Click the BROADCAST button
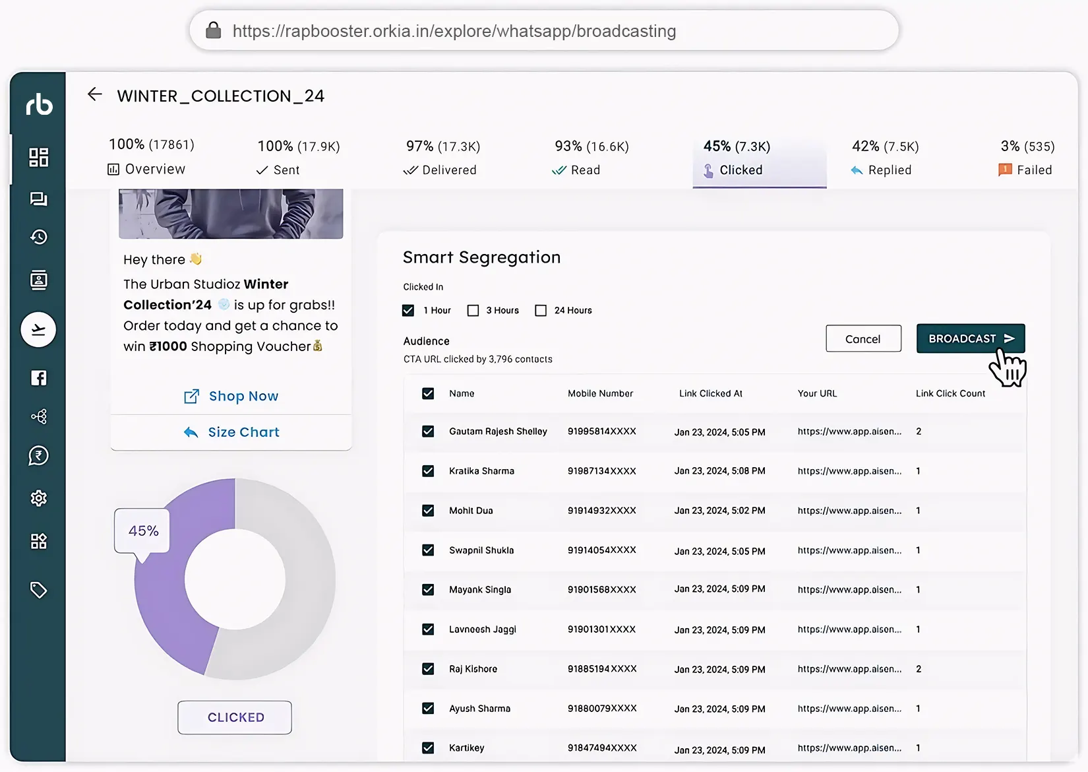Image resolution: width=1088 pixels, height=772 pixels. [x=970, y=338]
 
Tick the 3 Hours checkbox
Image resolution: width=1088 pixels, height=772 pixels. [x=473, y=310]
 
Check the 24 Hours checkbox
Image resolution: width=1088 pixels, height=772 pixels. [x=541, y=310]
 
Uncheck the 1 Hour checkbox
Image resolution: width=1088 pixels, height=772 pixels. [x=408, y=310]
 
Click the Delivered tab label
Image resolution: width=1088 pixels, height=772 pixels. [x=448, y=170]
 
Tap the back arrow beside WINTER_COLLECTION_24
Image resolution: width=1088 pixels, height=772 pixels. [x=95, y=94]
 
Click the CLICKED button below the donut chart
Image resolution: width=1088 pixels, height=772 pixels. [x=235, y=717]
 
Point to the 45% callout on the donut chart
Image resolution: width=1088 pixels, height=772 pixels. [x=142, y=531]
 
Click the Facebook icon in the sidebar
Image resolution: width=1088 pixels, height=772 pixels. [x=39, y=377]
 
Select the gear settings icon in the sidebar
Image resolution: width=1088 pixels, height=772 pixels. [x=39, y=498]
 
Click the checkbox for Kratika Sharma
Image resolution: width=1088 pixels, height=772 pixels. [x=428, y=471]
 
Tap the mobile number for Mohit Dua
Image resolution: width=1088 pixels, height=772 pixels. [x=601, y=511]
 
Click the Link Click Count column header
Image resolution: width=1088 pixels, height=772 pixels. [x=950, y=393]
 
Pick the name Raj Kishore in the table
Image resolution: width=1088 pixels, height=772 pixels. [x=473, y=669]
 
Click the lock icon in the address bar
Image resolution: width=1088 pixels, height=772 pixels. [x=213, y=30]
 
